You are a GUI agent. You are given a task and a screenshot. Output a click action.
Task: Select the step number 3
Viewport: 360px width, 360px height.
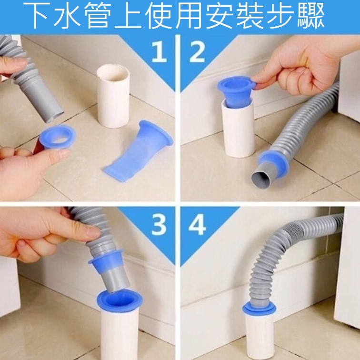(x=159, y=225)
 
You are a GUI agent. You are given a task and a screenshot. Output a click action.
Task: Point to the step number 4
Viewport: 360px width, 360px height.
(x=197, y=225)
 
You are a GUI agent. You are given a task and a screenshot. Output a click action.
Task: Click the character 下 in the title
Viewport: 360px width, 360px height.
(x=38, y=16)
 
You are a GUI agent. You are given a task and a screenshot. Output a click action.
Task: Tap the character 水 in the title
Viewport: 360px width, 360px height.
(x=68, y=16)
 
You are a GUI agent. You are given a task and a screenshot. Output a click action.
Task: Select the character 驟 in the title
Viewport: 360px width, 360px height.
(x=311, y=16)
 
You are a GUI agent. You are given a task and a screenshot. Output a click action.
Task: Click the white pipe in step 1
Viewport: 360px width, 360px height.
(x=113, y=96)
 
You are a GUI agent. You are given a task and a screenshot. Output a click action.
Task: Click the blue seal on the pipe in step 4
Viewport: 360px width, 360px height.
(x=259, y=309)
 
